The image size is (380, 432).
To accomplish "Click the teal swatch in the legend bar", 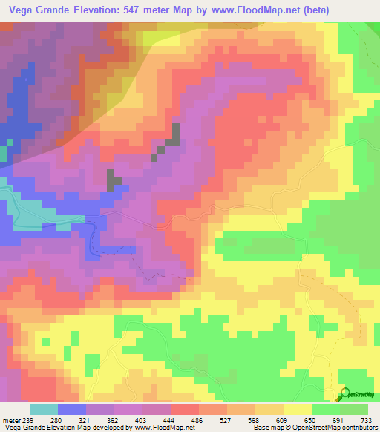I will pyautogui.click(x=43, y=410).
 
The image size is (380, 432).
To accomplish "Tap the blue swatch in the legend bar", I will pyautogui.click(x=72, y=410).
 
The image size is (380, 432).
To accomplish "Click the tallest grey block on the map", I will pyautogui.click(x=177, y=136).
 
